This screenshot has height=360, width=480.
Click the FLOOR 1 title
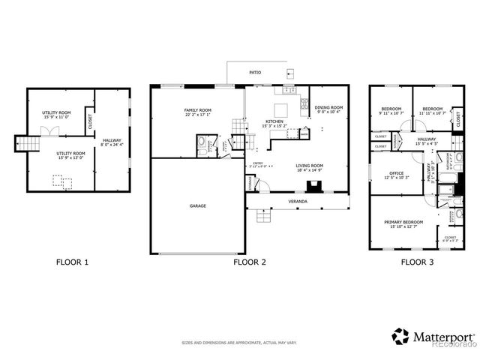[x=72, y=262]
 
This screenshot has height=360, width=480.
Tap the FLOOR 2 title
[x=250, y=262]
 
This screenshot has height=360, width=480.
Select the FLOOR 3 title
[x=417, y=262]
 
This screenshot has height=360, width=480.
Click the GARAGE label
[x=198, y=205]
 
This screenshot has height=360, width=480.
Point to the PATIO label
[x=256, y=73]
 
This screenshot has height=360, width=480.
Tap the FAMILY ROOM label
[x=198, y=111]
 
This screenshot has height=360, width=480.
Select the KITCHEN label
[x=274, y=121]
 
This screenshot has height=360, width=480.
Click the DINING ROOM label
[x=328, y=108]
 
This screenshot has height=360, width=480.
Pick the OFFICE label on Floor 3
[x=396, y=172]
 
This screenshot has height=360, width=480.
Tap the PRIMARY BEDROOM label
[x=403, y=222]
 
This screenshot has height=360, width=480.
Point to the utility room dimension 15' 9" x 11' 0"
[x=57, y=116]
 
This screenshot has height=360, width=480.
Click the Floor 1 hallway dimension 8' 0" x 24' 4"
[x=112, y=144]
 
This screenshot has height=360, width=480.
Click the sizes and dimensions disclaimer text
[x=239, y=343]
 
